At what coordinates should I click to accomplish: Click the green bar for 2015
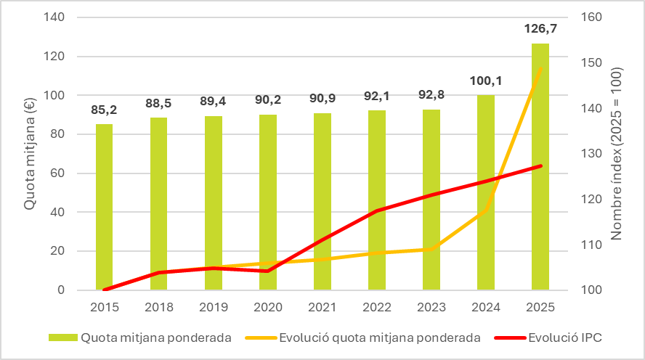click(105, 207)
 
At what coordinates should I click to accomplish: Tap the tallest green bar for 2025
click(540, 167)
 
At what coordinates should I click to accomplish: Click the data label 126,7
click(540, 29)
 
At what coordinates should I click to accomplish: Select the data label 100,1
click(485, 81)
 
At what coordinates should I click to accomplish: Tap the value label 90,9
click(322, 99)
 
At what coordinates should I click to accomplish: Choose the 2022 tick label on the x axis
click(376, 308)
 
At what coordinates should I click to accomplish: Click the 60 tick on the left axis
click(69, 173)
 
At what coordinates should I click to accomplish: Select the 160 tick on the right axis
click(593, 17)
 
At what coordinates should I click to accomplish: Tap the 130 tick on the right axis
click(593, 154)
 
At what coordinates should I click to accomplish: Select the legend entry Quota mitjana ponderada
click(156, 337)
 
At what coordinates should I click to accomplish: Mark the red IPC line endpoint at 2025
click(540, 166)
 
